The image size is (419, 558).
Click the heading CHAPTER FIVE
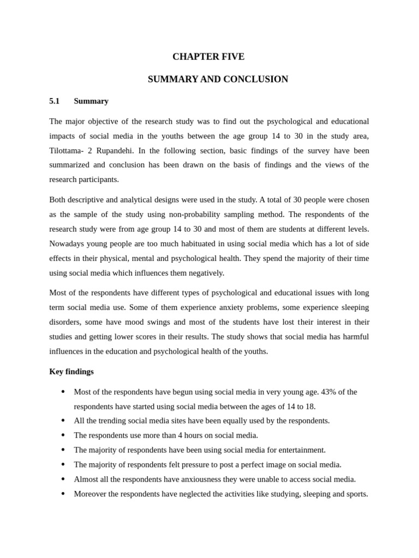208,57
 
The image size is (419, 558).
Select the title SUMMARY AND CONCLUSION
218,79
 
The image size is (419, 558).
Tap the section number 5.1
54,101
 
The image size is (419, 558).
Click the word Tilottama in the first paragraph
65,150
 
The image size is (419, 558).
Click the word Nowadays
67,244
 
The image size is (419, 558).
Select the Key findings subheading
71,372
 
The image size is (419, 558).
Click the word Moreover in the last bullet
91,494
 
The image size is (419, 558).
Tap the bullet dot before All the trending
63,421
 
